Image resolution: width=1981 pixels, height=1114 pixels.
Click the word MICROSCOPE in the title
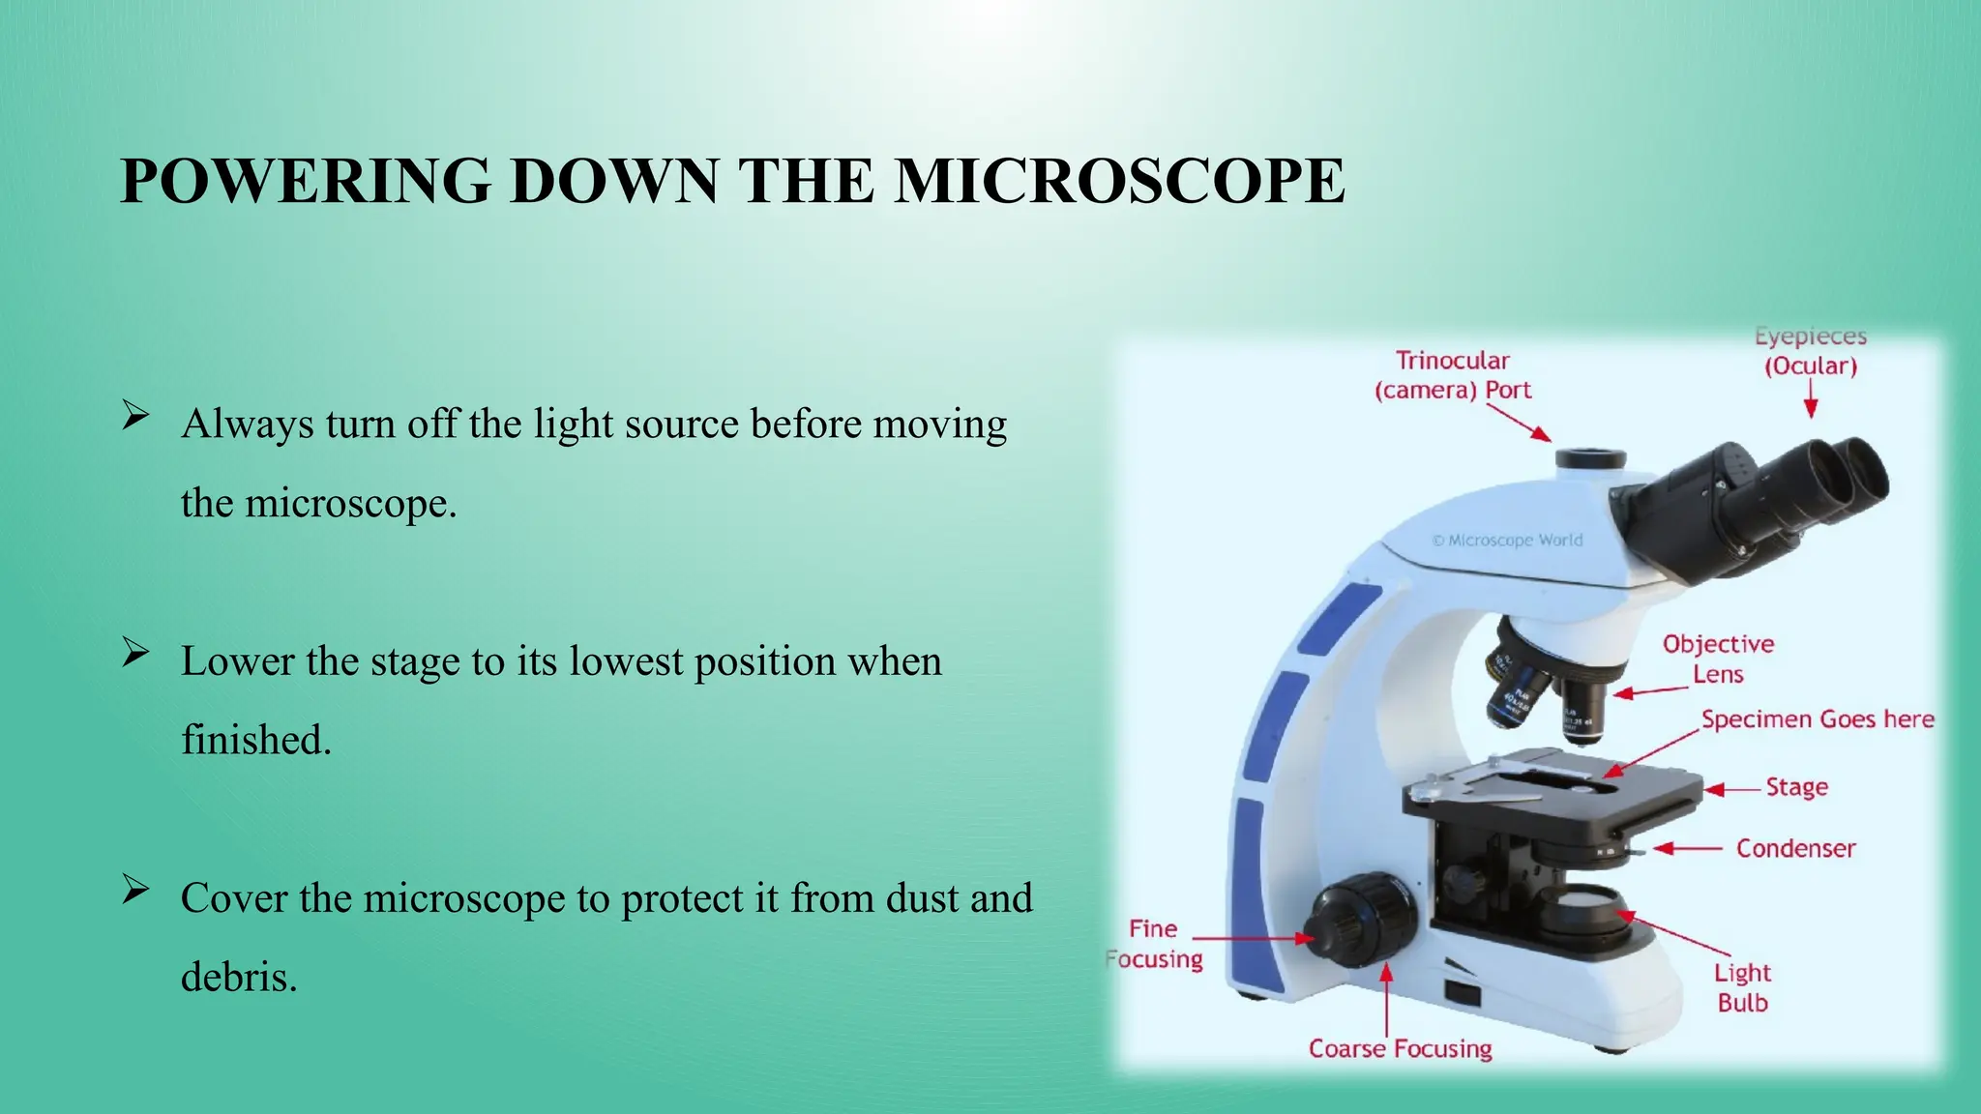pos(1119,181)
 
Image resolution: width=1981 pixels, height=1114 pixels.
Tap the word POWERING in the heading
pos(306,181)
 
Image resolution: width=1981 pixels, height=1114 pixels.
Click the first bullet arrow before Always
pos(135,417)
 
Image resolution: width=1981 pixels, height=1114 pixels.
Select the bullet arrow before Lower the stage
pos(135,654)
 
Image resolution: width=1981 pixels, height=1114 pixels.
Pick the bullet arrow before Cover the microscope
pos(135,891)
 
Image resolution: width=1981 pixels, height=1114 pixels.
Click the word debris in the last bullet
pos(238,977)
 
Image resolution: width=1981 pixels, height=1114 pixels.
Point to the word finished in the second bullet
pos(256,740)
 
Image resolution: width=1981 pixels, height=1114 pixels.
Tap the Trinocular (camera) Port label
pos(1453,375)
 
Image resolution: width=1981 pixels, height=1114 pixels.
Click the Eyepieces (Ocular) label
pos(1811,351)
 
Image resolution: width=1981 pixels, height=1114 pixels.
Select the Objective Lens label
pos(1718,659)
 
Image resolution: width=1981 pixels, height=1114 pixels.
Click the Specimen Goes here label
pos(1818,719)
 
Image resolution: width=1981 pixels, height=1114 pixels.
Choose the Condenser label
pos(1795,849)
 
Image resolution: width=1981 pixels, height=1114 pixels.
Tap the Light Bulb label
pos(1742,987)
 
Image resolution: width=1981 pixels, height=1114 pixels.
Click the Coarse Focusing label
pos(1400,1049)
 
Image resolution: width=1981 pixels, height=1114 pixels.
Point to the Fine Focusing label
pos(1154,944)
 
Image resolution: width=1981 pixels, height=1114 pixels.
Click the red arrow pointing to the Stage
pos(1732,790)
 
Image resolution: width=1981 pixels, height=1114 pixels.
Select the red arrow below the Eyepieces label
pos(1811,398)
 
